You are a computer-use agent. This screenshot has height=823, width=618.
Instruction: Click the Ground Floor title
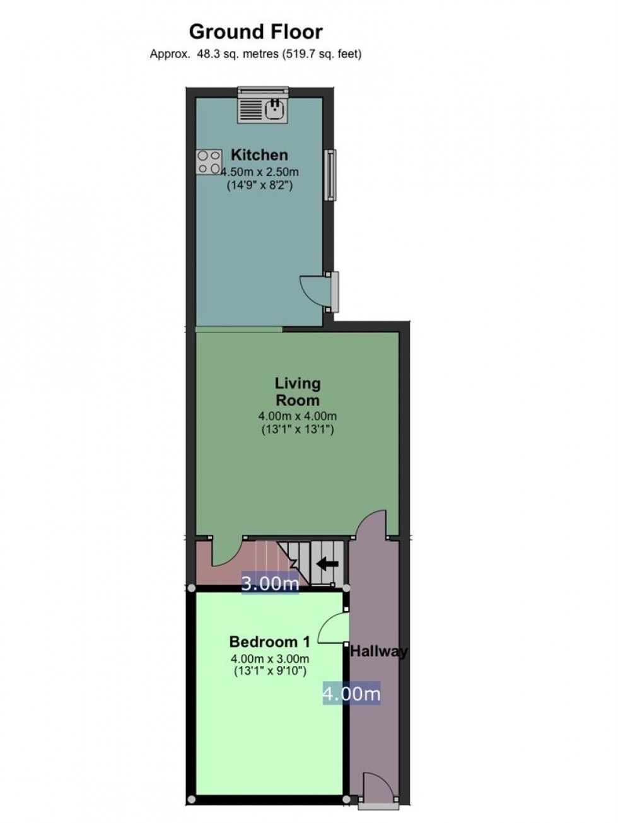255,32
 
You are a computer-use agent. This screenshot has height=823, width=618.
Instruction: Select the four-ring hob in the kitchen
209,162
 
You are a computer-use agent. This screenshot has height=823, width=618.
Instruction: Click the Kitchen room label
259,155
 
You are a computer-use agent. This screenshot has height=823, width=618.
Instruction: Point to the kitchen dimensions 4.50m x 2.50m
260,172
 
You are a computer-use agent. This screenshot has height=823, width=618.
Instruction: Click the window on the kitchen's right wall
330,175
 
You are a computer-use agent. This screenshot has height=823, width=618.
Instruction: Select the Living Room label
298,392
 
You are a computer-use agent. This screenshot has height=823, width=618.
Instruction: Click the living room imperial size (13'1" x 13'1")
298,429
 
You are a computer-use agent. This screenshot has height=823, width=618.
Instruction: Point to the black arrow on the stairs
327,564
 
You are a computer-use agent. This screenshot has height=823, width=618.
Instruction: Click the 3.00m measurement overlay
270,583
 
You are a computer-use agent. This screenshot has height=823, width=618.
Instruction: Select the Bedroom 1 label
270,642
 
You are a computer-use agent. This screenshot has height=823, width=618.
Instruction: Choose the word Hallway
378,652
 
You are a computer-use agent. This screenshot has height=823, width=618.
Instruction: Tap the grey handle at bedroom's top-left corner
192,588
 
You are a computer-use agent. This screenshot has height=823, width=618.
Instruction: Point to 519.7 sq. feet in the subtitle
322,54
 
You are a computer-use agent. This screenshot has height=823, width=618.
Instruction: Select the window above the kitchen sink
264,91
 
